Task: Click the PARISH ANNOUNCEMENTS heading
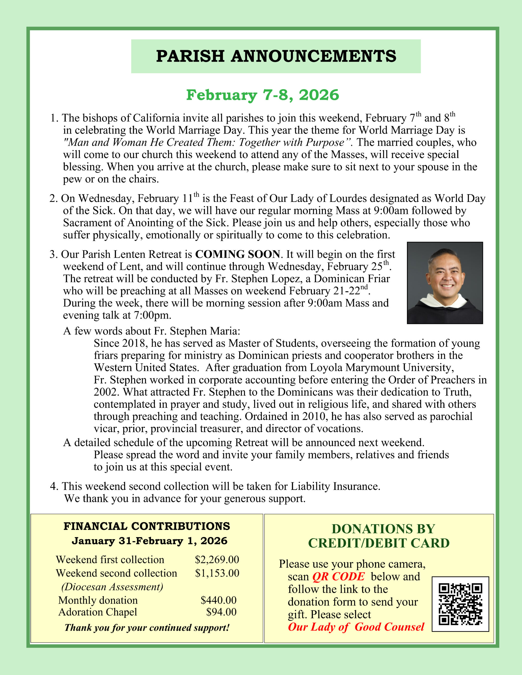tap(276, 56)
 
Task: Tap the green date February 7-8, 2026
tap(262, 95)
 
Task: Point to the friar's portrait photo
tap(445, 283)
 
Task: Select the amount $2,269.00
tap(217, 560)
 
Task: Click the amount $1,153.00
tap(217, 573)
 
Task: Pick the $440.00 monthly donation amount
tap(219, 600)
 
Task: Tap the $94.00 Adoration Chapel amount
tap(221, 612)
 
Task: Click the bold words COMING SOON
tap(238, 254)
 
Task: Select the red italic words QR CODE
tap(338, 577)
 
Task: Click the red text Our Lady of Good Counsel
tap(356, 627)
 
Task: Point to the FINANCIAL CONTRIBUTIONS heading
tap(147, 526)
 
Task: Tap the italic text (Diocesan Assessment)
tap(112, 587)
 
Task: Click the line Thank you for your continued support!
tap(147, 628)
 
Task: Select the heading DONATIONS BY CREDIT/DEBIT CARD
tap(379, 536)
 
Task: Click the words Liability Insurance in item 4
tap(335, 486)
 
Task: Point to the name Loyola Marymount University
tap(382, 368)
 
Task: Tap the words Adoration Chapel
tap(98, 612)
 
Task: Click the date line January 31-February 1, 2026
tap(149, 541)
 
